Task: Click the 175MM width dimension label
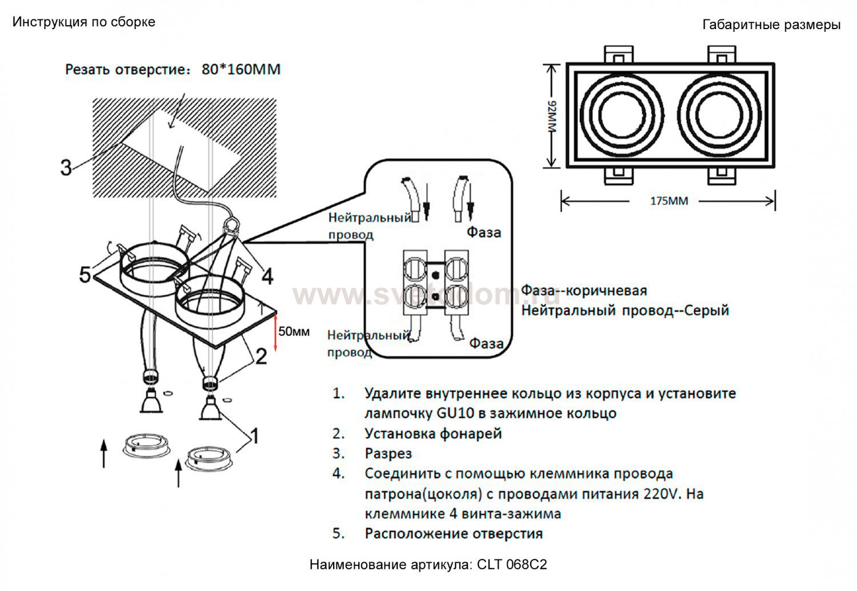coord(669,201)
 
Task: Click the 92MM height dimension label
coord(552,116)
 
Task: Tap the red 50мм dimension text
coord(294,332)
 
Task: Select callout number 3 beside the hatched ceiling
coord(66,168)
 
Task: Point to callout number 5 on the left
coord(85,275)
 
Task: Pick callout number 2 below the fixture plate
coord(261,356)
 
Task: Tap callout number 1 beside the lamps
coord(254,436)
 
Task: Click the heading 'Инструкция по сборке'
coord(84,22)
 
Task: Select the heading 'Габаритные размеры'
coord(771,25)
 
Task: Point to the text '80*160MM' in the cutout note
coord(241,70)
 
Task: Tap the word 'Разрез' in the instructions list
coord(388,453)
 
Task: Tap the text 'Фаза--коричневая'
coord(584,290)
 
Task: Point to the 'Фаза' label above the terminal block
coord(483,232)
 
